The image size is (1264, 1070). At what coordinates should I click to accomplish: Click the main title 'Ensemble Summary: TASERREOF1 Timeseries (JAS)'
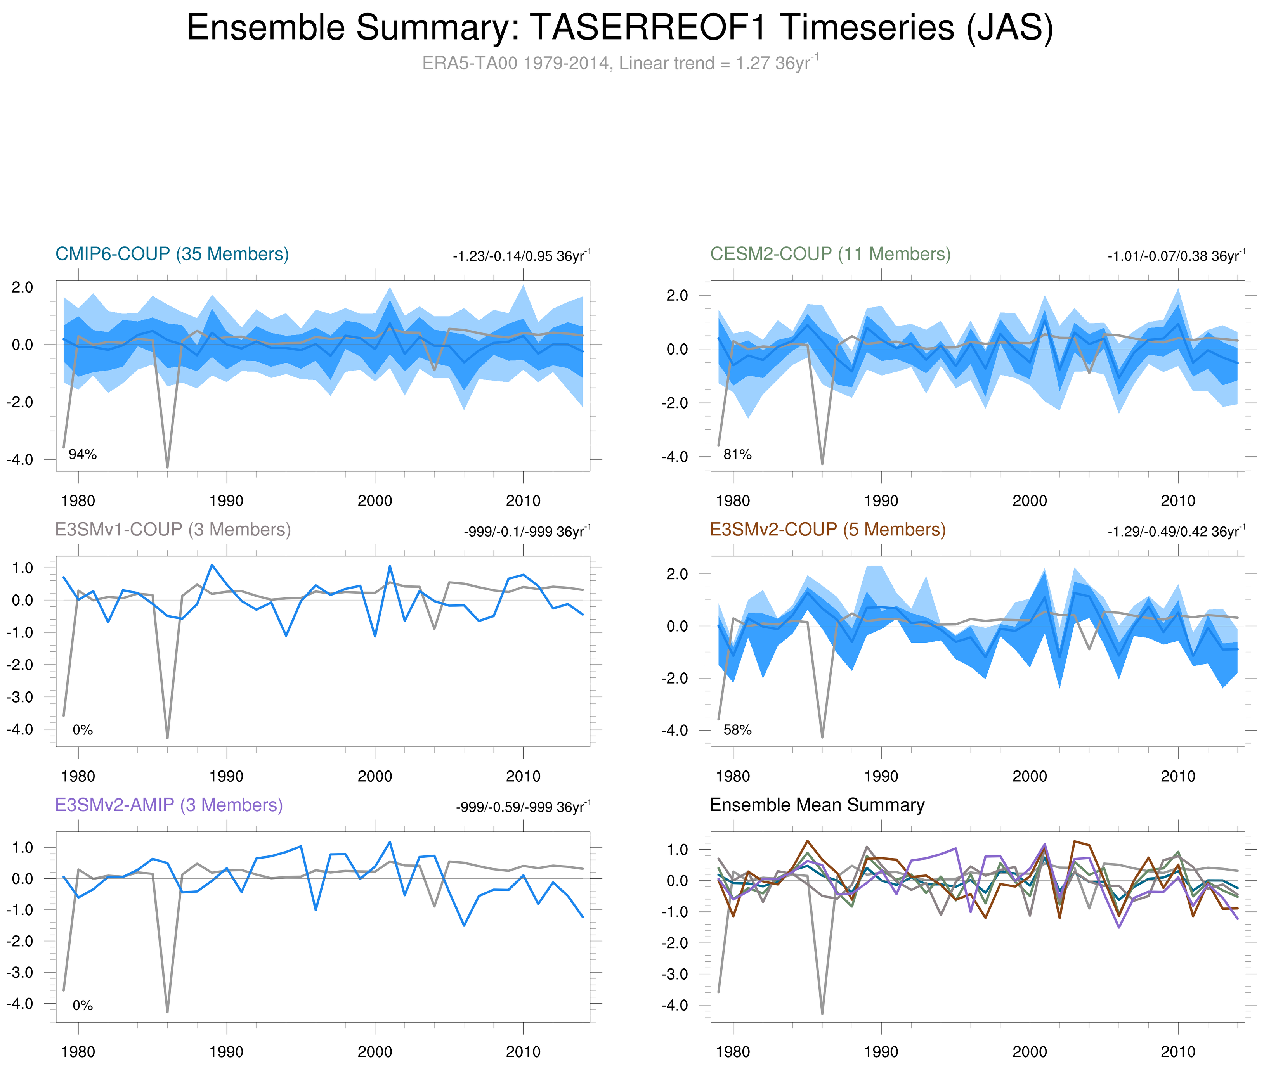[619, 28]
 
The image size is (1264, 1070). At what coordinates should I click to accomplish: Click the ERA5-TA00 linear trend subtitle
[619, 63]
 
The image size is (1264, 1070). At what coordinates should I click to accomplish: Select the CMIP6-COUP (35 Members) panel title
[172, 254]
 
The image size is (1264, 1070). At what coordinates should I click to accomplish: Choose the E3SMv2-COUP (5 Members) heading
[827, 530]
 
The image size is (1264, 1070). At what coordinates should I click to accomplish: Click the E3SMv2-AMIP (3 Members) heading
[169, 805]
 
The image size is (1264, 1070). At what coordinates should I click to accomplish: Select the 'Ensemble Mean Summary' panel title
[817, 805]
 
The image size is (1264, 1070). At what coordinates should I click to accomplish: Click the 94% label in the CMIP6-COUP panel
[83, 454]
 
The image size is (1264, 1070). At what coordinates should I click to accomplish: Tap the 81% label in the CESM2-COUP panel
[737, 454]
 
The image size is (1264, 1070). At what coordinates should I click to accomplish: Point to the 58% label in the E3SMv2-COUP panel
[737, 730]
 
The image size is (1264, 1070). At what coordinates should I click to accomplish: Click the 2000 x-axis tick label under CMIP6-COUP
[375, 501]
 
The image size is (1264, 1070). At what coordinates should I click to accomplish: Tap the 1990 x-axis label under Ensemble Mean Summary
[881, 1052]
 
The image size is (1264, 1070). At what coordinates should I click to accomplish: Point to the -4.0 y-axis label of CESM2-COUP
[675, 457]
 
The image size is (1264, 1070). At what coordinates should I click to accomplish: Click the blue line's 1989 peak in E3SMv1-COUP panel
[212, 565]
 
